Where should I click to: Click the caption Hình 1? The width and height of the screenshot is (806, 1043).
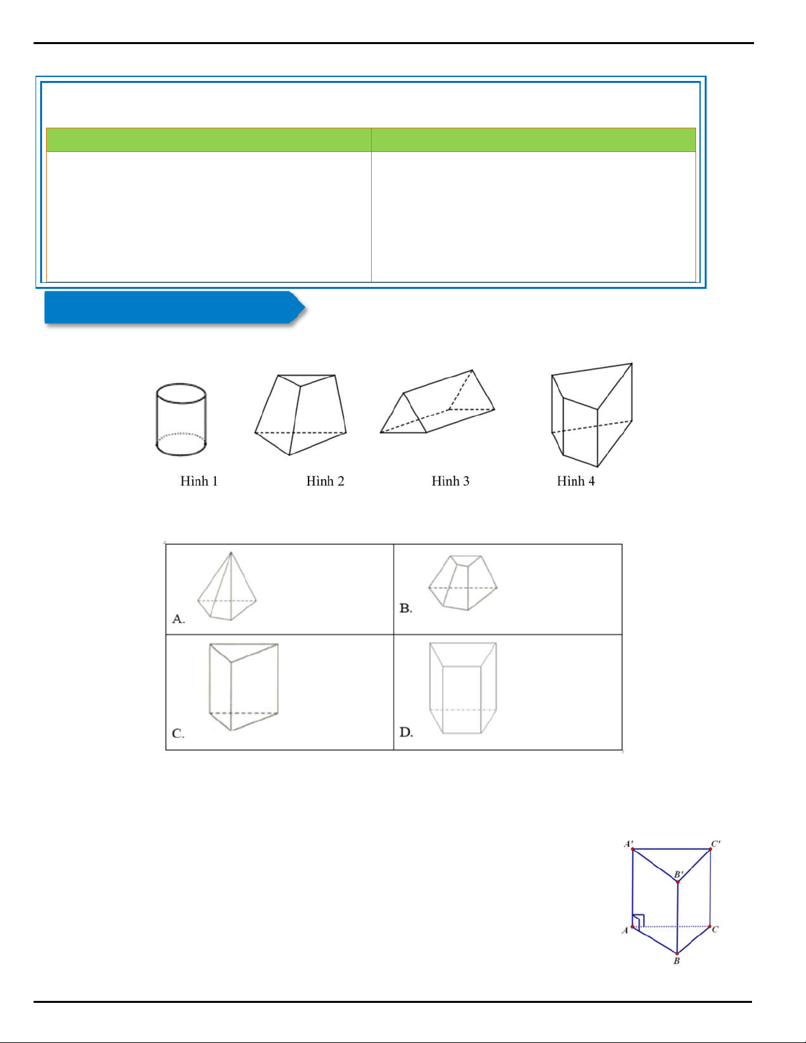coord(199,481)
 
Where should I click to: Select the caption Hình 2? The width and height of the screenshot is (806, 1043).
coord(325,481)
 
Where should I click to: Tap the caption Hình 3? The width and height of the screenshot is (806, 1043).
coord(450,481)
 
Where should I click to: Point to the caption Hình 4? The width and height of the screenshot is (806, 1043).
coord(576,481)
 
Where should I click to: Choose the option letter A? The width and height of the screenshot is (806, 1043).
coord(178,619)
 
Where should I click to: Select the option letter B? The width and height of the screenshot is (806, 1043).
coord(406,608)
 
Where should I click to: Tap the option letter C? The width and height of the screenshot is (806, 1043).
coord(178,734)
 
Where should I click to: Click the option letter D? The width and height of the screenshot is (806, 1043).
coord(407,732)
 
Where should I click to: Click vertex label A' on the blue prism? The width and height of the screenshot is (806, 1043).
coord(628,844)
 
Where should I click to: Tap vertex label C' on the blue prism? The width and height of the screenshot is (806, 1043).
coord(716,844)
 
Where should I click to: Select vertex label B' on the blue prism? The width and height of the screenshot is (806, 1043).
coord(678,875)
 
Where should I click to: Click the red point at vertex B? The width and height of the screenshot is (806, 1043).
coord(677,954)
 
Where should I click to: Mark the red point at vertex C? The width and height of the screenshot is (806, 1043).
coord(710,927)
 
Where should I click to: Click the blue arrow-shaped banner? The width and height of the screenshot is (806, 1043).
coord(174,307)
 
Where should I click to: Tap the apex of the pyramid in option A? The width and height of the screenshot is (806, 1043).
coord(231,552)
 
